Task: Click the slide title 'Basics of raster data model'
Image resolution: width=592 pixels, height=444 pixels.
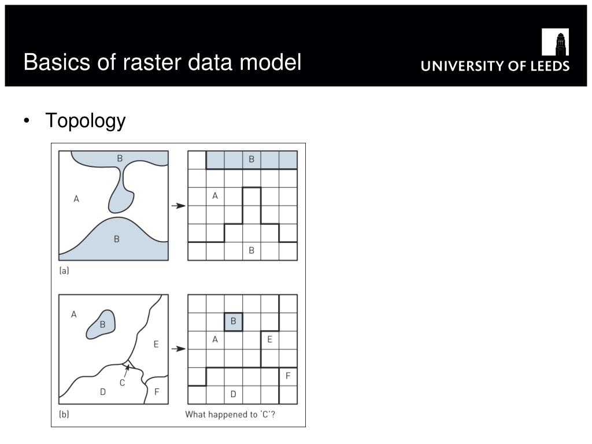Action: [x=162, y=62]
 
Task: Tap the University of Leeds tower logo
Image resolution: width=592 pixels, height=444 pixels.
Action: [x=555, y=42]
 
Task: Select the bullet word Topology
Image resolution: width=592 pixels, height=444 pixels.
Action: [x=85, y=121]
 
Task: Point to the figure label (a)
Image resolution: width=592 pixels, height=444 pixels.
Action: [x=64, y=270]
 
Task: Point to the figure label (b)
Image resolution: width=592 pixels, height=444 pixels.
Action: [x=64, y=414]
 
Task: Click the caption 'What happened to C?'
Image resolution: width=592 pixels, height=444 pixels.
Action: [x=230, y=414]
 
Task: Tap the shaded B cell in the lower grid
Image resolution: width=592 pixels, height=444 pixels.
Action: [x=233, y=321]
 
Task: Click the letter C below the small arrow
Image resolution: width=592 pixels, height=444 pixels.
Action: [x=122, y=382]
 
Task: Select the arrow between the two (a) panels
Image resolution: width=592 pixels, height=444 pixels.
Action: [x=179, y=205]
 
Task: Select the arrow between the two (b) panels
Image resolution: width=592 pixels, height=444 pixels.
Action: [x=179, y=349]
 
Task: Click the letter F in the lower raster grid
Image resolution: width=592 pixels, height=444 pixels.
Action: [x=288, y=376]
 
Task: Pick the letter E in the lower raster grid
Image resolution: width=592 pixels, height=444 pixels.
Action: [x=269, y=340]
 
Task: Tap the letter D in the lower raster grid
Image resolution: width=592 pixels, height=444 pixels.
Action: [x=233, y=394]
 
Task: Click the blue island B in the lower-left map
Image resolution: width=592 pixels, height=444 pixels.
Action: [x=101, y=325]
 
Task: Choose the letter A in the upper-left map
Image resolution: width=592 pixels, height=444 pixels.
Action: [x=76, y=199]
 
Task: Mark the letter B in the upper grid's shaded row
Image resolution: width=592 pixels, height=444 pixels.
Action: [x=251, y=160]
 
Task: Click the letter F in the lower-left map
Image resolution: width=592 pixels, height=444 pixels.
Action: [x=156, y=391]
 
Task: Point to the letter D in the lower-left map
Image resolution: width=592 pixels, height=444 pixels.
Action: [x=103, y=391]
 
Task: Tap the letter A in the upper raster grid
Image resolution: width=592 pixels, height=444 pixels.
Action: [x=215, y=196]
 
